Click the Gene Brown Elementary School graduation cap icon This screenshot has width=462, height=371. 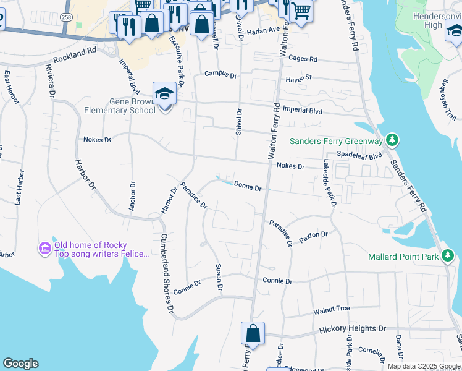coord(165,94)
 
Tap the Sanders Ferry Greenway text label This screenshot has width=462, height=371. coord(337,141)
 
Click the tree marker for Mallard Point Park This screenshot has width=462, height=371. coord(448,255)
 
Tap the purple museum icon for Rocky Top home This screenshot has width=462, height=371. coord(44,249)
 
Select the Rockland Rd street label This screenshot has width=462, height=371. coord(75,59)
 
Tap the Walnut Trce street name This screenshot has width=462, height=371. coord(332,309)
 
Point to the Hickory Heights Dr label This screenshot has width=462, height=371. coord(353,330)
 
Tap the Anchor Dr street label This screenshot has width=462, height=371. coord(132,196)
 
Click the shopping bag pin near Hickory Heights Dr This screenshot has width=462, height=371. coord(253,333)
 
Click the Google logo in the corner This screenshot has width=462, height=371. coord(20,364)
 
